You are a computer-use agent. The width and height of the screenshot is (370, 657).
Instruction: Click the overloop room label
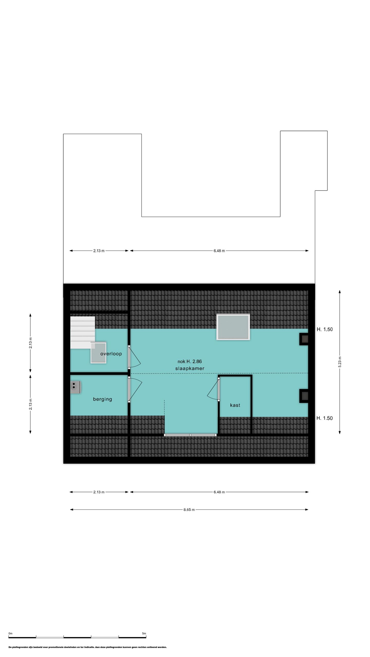[111, 354]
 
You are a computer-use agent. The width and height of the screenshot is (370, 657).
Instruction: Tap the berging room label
[103, 399]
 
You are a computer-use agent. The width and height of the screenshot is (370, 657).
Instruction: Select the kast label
[235, 405]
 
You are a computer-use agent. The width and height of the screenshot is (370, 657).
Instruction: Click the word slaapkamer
[190, 369]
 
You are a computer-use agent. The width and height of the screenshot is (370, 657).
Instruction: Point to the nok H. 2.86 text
[190, 361]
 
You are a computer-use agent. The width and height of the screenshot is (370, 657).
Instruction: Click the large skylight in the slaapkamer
[233, 327]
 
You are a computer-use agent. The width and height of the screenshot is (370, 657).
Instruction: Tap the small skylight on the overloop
[98, 353]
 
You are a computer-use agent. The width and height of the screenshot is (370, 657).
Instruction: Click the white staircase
[83, 332]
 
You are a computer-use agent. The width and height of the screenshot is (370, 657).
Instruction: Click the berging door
[135, 389]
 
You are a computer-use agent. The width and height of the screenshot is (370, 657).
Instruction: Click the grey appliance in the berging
[75, 387]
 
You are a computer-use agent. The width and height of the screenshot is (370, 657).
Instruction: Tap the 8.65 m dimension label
[189, 510]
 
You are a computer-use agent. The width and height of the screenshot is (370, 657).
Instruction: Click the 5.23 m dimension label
[340, 362]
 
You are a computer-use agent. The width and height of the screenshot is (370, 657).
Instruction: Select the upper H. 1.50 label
[325, 330]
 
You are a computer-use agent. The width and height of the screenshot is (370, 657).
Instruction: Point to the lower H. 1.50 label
[325, 418]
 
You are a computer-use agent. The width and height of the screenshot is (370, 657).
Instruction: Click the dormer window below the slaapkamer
[190, 435]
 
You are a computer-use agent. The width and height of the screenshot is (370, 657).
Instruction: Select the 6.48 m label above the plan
[219, 251]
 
